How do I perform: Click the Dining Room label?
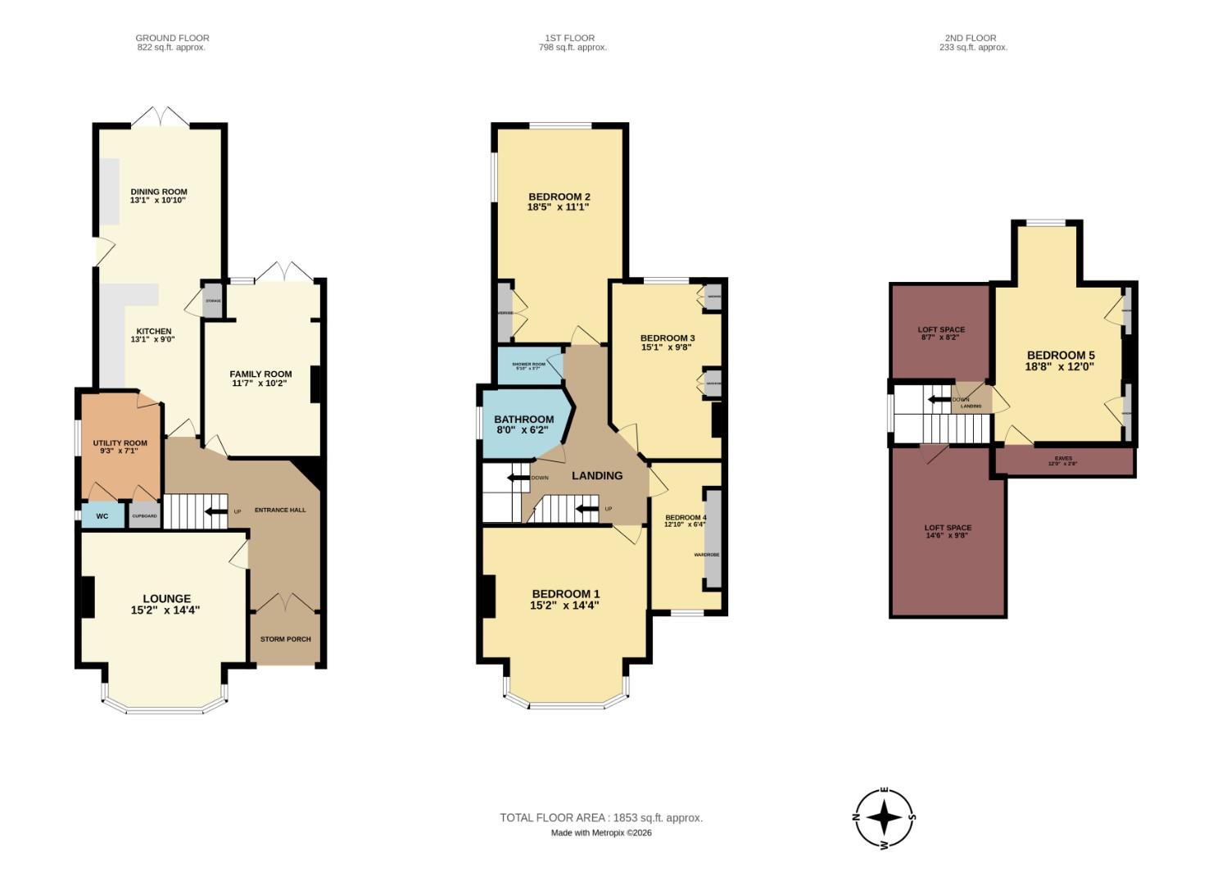pos(158,192)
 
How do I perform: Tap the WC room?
pos(102,516)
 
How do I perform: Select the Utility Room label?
pos(120,443)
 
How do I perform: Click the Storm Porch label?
pos(285,639)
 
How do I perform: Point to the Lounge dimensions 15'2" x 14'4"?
pos(165,610)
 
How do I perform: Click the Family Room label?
pos(260,374)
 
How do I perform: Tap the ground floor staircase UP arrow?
pos(216,512)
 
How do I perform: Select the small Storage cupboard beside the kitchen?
pos(213,301)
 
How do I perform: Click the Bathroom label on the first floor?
pos(524,420)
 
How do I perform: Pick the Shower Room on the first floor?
pos(529,365)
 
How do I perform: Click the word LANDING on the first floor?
pos(597,476)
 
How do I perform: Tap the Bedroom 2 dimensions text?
pos(559,208)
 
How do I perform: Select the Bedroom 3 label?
pos(668,338)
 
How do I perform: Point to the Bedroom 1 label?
pos(566,594)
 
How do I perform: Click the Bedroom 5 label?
pos(1061,356)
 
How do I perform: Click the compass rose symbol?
pos(885,817)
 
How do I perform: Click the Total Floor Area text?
pos(601,818)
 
